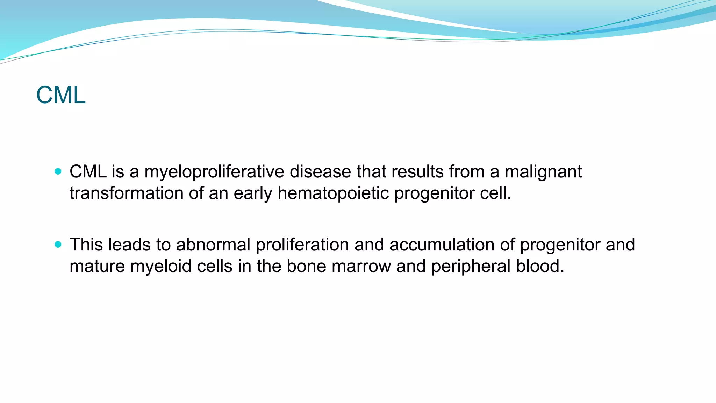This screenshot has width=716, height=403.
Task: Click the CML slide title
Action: coord(61,95)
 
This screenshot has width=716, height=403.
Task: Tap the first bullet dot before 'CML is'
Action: coord(58,171)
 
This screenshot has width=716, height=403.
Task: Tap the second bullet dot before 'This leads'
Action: coord(58,245)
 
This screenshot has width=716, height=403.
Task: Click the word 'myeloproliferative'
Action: coord(214,172)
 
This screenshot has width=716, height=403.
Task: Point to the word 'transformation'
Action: coord(126,193)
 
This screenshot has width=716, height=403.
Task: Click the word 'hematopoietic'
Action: coord(333,193)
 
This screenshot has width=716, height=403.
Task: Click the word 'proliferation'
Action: coord(302,245)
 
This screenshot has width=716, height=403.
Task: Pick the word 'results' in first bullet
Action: coord(417,172)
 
